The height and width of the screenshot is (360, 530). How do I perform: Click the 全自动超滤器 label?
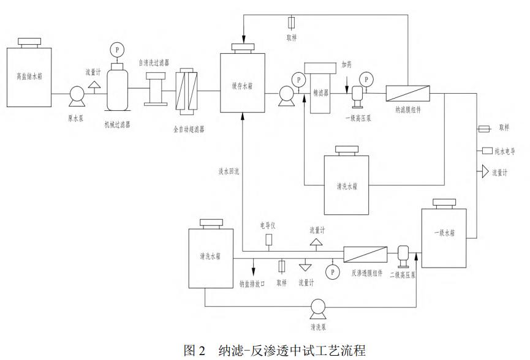(189, 129)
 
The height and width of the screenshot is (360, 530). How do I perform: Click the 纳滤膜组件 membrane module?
(407, 93)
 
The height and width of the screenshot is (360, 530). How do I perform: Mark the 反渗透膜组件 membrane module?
(365, 252)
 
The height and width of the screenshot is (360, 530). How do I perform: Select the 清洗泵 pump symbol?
(317, 306)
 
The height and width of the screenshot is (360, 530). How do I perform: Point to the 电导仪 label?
(268, 225)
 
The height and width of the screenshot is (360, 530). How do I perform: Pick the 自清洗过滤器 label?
(154, 63)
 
